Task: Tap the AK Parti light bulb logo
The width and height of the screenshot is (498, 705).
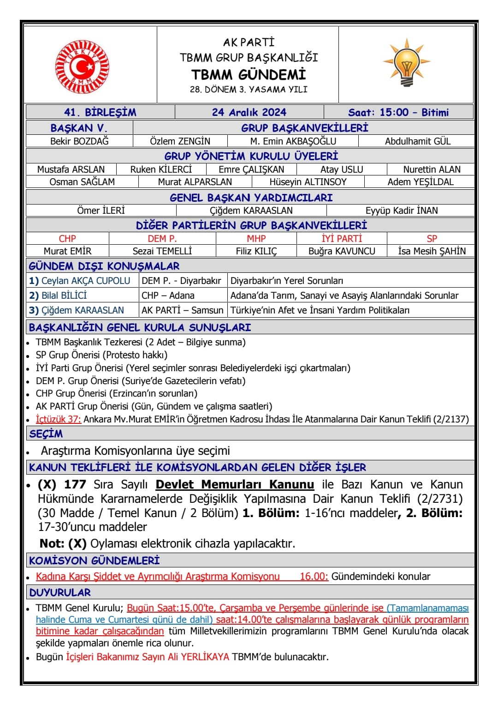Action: [x=407, y=63]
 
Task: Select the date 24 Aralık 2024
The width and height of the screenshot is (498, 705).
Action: [x=249, y=112]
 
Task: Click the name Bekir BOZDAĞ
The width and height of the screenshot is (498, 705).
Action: [x=79, y=141]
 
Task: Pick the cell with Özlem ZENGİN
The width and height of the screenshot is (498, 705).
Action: [x=180, y=141]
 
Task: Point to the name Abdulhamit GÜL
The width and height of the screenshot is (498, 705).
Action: [x=418, y=141]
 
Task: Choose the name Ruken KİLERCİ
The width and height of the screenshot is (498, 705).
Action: [x=161, y=169]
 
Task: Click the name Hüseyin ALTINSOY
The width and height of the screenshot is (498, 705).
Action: [x=308, y=182]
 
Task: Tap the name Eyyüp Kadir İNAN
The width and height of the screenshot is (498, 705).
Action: [x=402, y=211]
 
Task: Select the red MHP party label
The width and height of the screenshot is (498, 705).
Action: [x=256, y=239]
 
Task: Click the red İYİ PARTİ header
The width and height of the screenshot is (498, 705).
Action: [x=342, y=239]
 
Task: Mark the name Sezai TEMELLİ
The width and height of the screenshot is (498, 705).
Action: [x=162, y=251]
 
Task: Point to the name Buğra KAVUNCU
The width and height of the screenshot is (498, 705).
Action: [x=342, y=251]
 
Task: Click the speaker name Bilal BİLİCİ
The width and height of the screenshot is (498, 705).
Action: [x=64, y=295]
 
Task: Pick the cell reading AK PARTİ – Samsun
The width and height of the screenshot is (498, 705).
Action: [x=183, y=310]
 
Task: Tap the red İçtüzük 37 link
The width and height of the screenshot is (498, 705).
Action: [x=59, y=419]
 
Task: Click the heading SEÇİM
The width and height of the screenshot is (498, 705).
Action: [x=46, y=434]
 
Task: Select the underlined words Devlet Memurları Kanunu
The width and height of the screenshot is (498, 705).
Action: [x=235, y=485]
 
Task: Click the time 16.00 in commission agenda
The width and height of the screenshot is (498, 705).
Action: [x=314, y=577]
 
